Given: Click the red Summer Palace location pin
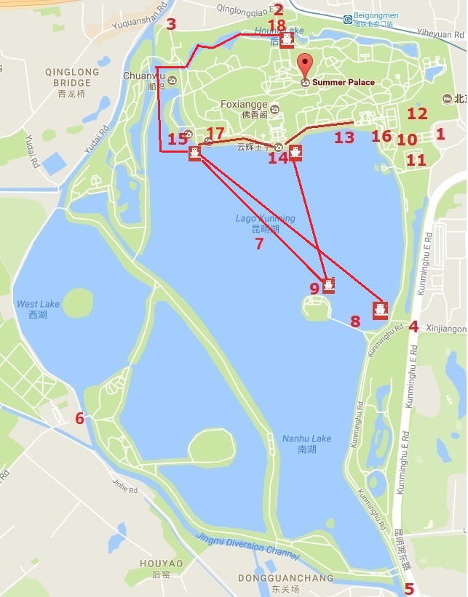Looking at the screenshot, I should point(305,64).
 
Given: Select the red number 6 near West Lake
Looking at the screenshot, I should point(79,417).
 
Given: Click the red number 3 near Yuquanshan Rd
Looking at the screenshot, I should point(171,24).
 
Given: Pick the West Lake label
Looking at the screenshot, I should point(32,308).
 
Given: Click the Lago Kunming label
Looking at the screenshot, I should point(265,223).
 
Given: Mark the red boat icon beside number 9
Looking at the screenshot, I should point(328,284).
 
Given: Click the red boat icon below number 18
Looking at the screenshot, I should point(287,39).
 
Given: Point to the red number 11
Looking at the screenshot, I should point(416,160).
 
